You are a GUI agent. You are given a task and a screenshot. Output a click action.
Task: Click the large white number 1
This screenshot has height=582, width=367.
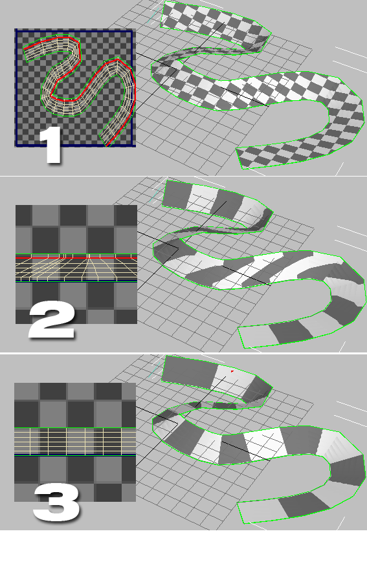click(51, 145)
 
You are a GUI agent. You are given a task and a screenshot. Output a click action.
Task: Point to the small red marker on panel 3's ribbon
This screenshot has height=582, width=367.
click(232, 371)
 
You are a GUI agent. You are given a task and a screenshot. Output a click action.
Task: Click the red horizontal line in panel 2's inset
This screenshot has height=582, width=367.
click(76, 257)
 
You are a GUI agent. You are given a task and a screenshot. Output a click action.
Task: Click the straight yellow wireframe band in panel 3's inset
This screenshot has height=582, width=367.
click(75, 441)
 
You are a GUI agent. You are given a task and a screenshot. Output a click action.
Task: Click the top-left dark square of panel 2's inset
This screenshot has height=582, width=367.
click(23, 215)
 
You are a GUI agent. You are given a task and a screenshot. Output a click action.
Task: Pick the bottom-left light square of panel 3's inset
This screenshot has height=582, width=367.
click(26, 493)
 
